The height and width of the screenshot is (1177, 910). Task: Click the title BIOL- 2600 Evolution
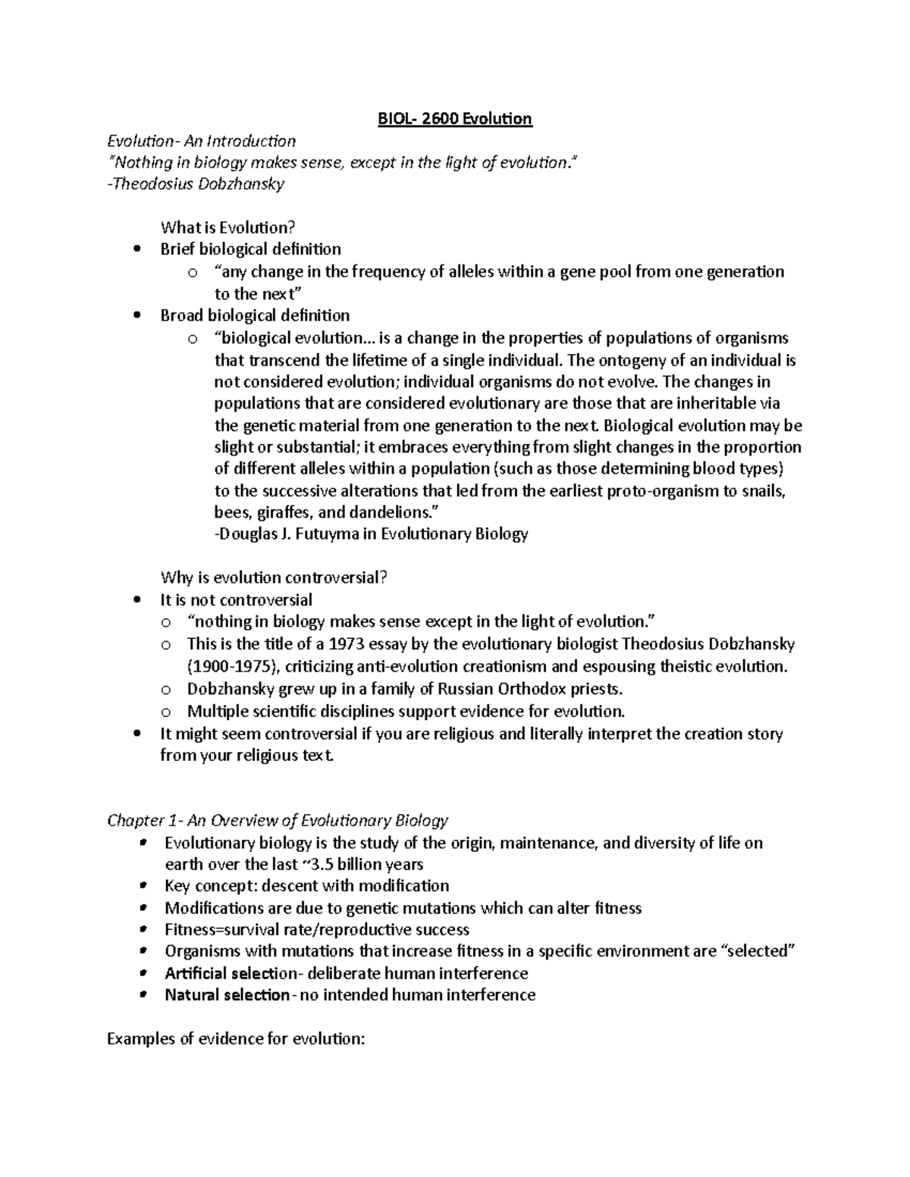(x=455, y=119)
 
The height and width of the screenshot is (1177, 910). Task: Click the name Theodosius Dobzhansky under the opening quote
(x=198, y=184)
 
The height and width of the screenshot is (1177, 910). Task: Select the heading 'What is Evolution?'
(x=227, y=227)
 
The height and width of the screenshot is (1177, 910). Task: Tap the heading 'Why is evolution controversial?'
(x=274, y=578)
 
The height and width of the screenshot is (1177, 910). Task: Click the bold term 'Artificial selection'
(x=230, y=973)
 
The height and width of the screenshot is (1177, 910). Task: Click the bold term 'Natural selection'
(x=227, y=995)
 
